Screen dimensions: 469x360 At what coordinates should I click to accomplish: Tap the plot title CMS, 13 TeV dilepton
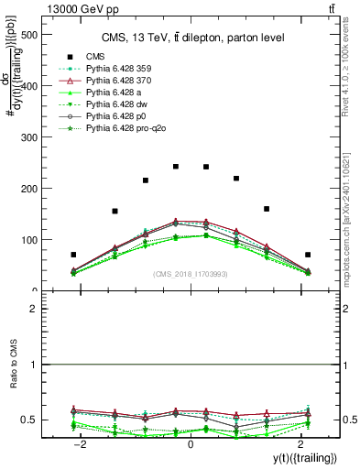pos(191,37)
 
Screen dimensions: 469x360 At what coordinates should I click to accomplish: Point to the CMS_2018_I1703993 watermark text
pos(191,273)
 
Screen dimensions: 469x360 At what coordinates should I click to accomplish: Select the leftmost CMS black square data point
pos(73,255)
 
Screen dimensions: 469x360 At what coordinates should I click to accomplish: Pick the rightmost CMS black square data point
pos(308,255)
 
